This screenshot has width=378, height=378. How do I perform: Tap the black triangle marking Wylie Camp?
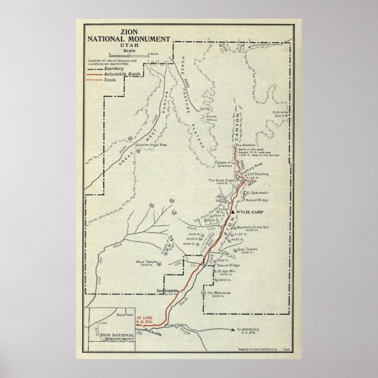[233, 211]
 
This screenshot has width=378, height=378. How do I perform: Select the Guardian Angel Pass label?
[151, 144]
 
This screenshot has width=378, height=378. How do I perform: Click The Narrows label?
[246, 145]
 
